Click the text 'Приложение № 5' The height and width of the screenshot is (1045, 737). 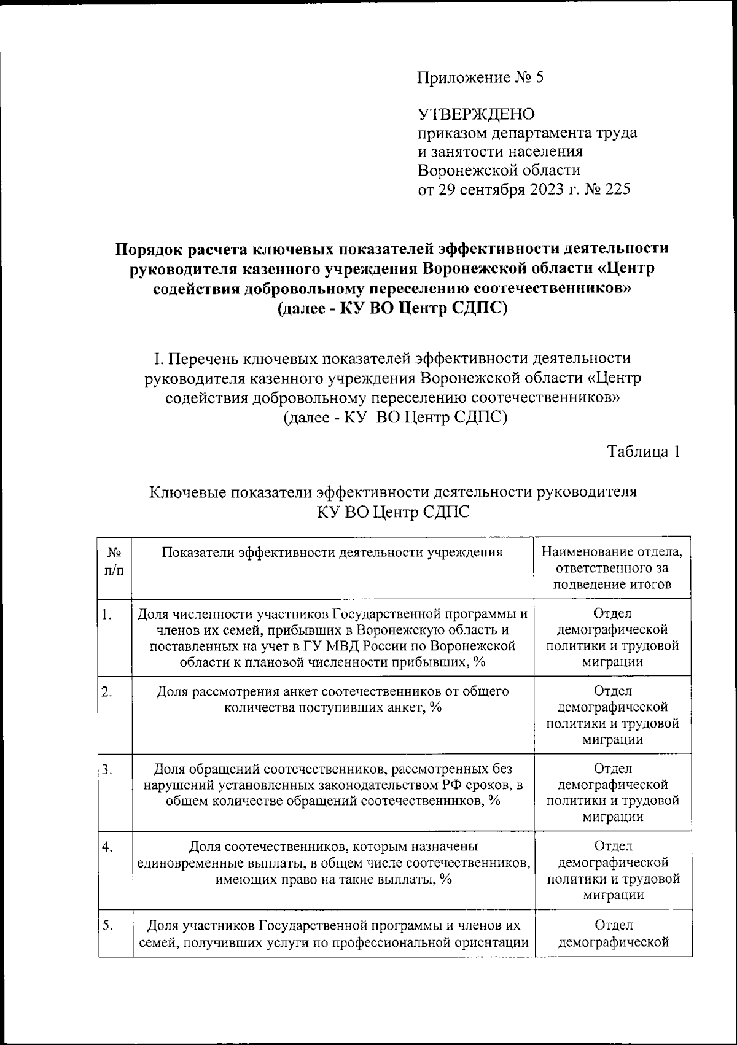pyautogui.click(x=480, y=78)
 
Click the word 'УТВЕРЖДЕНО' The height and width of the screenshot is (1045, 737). pyautogui.click(x=477, y=114)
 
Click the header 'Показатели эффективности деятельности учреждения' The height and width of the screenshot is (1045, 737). pyautogui.click(x=332, y=551)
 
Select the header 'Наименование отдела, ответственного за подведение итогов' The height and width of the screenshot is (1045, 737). pyautogui.click(x=612, y=568)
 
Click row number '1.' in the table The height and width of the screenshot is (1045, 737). pyautogui.click(x=107, y=615)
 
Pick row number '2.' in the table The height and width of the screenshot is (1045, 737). pyautogui.click(x=107, y=692)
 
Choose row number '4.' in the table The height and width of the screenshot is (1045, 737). pyautogui.click(x=107, y=847)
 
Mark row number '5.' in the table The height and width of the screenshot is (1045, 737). pyautogui.click(x=107, y=925)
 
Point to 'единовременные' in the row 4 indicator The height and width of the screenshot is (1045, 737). pyautogui.click(x=181, y=863)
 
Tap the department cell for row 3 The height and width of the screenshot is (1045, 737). pyautogui.click(x=612, y=793)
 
